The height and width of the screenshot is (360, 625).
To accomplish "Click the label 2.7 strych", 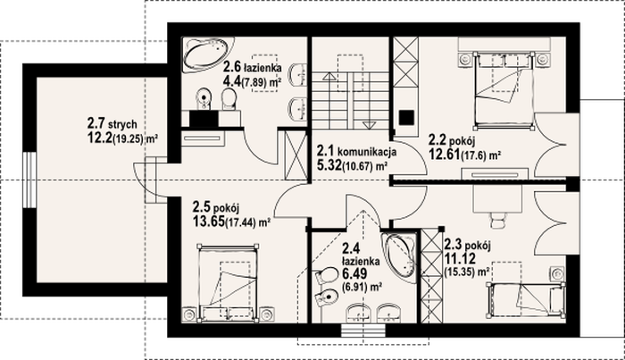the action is tap(112, 123).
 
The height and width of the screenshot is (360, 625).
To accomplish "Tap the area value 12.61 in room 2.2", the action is tap(444, 154).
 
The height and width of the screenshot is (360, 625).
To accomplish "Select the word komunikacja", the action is tap(367, 152).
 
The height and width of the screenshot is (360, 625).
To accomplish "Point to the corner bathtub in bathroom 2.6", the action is tap(207, 54).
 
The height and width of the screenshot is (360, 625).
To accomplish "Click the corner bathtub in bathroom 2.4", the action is tap(399, 257).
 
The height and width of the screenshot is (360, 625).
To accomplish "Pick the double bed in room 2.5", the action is tap(228, 281).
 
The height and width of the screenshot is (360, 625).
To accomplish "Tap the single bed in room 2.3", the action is tap(526, 300).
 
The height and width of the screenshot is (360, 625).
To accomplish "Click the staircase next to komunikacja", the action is tap(350, 100).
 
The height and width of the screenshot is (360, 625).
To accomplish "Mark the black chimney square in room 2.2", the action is tap(406, 117).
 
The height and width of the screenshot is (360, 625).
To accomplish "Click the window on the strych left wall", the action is tap(29, 180).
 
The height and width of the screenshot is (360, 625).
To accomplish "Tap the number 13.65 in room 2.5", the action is tap(209, 221).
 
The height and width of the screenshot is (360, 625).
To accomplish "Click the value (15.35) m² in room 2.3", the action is tap(467, 272).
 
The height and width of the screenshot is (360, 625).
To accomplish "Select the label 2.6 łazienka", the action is tap(253, 67).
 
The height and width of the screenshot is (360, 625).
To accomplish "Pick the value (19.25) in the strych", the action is tap(128, 139).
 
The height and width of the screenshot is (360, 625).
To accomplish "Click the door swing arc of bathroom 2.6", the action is tap(259, 151).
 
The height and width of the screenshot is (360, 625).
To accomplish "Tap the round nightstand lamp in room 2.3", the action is tap(558, 273).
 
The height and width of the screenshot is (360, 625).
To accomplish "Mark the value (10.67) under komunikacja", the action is tap(357, 166).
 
